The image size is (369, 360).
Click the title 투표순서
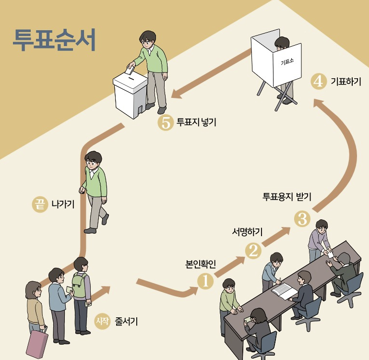(54, 40)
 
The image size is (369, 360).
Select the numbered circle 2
(253, 250)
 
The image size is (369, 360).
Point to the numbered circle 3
(302, 219)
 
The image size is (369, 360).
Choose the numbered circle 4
(318, 81)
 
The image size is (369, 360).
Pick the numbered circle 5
(166, 123)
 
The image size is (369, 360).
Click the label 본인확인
(201, 264)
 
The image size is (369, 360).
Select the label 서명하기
(248, 233)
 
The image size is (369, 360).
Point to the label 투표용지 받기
(287, 196)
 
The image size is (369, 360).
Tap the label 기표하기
(346, 81)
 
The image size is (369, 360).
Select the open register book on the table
(285, 290)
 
